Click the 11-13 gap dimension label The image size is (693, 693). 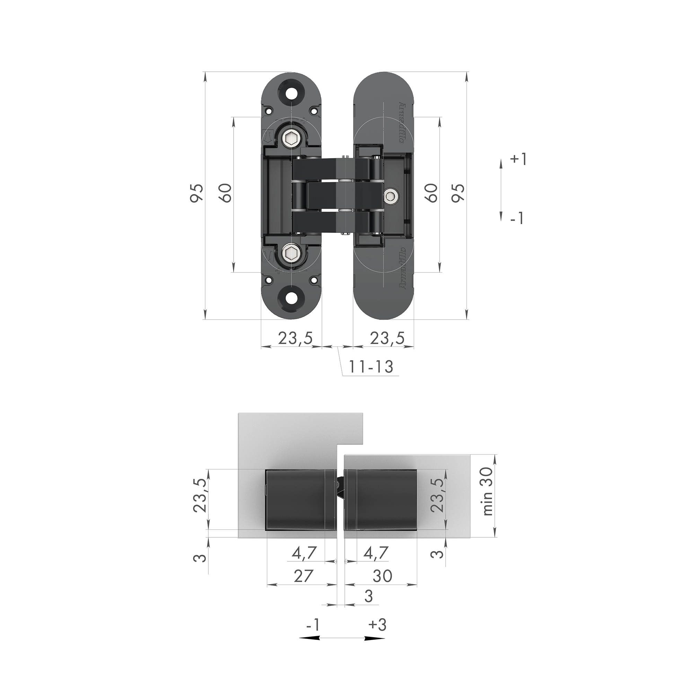tap(371, 367)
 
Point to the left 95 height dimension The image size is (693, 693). tap(197, 193)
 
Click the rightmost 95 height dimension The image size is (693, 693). tap(458, 193)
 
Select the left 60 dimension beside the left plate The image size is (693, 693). tap(226, 193)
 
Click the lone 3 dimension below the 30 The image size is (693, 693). tap(368, 596)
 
